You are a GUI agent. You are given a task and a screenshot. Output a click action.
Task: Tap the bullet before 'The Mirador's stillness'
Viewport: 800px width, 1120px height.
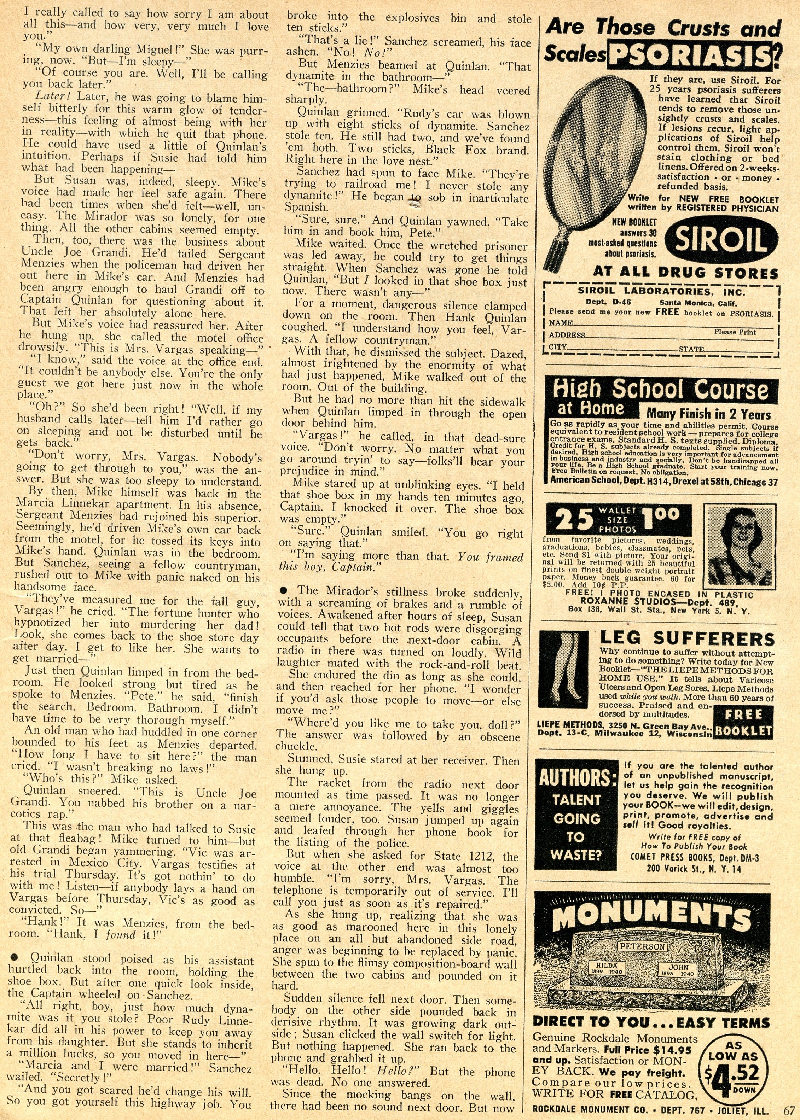pyautogui.click(x=285, y=590)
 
